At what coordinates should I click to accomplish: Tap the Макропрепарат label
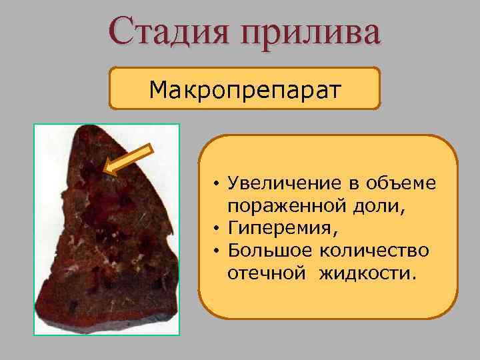pyautogui.click(x=244, y=88)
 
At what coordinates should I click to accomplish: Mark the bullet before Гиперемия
pyautogui.click(x=217, y=230)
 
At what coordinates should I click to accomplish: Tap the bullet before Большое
pyautogui.click(x=217, y=253)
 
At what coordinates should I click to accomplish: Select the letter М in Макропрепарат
pyautogui.click(x=157, y=88)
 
